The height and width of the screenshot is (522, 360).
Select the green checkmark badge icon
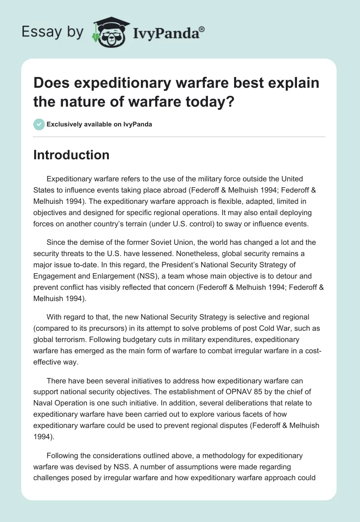tap(39, 124)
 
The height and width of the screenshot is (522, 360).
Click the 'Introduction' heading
tap(71, 155)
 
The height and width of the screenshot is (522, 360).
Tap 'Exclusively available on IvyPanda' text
tap(99, 124)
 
